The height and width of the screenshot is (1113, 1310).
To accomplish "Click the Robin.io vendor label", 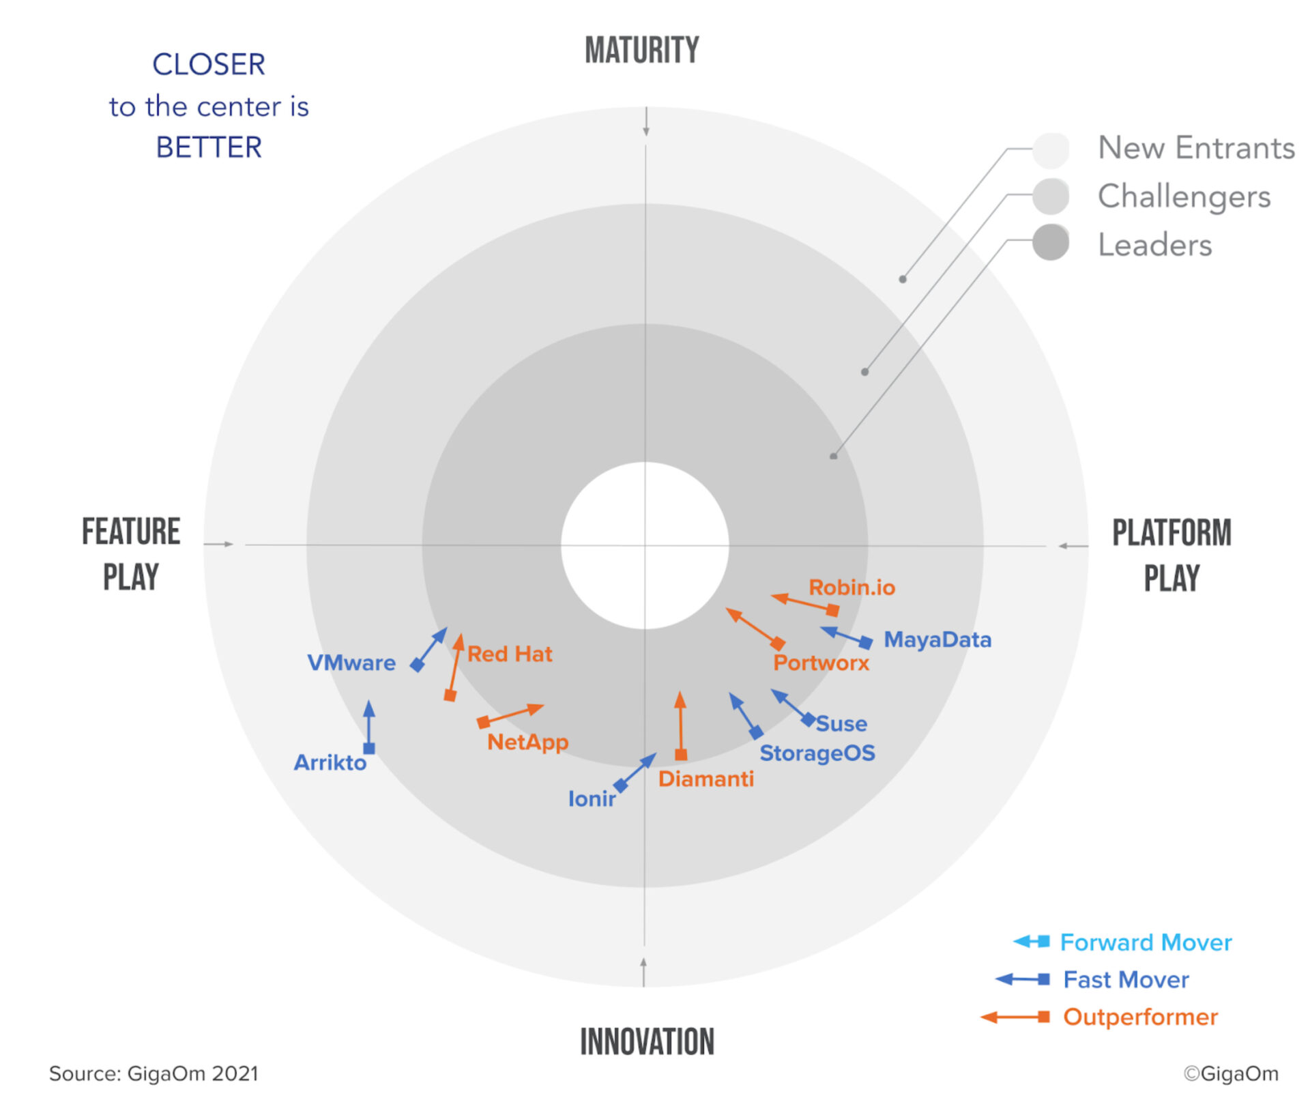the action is (x=851, y=588).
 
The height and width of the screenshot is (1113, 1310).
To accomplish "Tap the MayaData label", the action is (x=937, y=639).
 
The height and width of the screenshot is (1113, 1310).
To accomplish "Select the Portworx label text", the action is (x=821, y=663).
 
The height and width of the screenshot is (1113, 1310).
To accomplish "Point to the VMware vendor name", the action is (x=351, y=663).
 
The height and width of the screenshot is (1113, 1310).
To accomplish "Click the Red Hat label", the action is (x=510, y=654).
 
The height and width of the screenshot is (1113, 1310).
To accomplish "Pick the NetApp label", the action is (x=527, y=742).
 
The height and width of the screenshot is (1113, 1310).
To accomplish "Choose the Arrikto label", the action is (x=330, y=762).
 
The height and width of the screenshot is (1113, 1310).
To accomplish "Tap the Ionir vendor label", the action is (x=592, y=798).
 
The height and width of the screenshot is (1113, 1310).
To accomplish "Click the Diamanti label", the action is (x=706, y=779).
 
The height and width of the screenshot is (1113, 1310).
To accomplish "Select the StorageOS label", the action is (x=817, y=753).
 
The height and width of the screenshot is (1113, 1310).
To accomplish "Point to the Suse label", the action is (x=841, y=723).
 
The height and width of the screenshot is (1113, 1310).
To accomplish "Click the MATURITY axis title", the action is (x=642, y=50).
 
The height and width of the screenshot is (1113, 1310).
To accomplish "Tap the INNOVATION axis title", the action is (x=647, y=1041).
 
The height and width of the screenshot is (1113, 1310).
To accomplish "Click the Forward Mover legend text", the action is (x=1146, y=942).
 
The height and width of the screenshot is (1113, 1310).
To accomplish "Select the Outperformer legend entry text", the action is (x=1140, y=1017).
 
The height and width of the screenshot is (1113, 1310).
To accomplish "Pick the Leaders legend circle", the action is (x=1051, y=243).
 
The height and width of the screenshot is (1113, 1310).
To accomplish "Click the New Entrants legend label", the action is (x=1197, y=147).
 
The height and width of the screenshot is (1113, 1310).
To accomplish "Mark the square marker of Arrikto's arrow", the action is (x=369, y=749).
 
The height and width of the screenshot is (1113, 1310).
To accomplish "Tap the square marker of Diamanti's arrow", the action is (x=681, y=755).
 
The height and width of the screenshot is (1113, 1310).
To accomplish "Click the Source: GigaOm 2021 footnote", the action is (x=154, y=1073).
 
